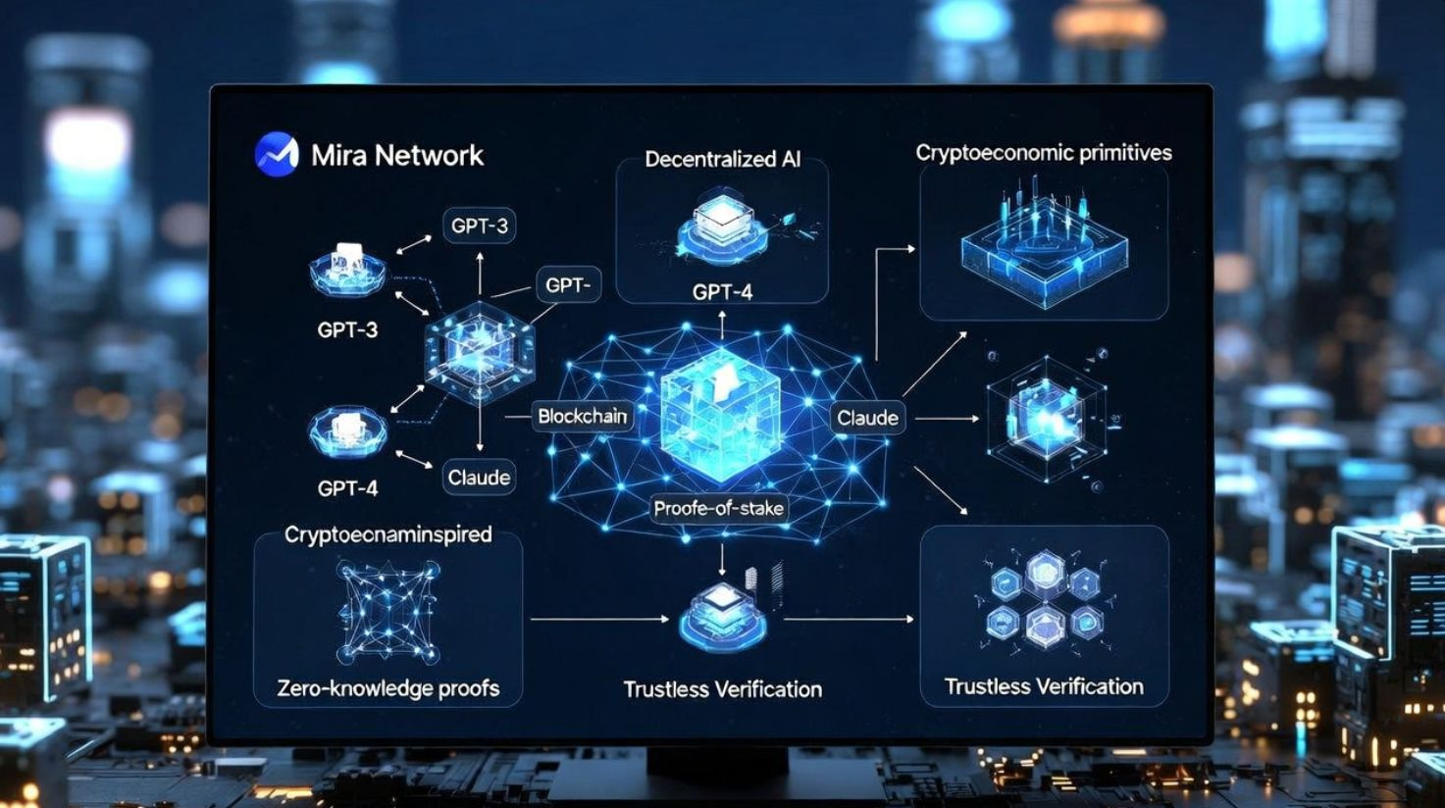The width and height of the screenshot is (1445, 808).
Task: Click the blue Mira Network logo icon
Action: [x=277, y=154]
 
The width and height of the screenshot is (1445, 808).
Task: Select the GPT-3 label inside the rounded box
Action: [x=480, y=227]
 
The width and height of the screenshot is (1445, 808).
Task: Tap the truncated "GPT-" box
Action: [x=568, y=285]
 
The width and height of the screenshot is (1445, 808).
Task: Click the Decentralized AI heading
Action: [x=722, y=159]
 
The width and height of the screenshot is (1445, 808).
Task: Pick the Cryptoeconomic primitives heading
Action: [x=1044, y=153]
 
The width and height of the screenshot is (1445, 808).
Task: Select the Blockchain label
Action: [x=582, y=416]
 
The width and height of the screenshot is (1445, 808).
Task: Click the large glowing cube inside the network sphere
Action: [x=721, y=412]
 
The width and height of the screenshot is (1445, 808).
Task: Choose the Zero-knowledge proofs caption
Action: [x=388, y=687]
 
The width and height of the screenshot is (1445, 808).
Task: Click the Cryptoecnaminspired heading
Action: [x=388, y=534]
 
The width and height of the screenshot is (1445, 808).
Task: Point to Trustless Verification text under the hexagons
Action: [x=1044, y=686]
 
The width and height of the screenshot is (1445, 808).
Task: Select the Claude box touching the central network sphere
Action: [x=867, y=418]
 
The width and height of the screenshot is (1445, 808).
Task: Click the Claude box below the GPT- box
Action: [x=479, y=478]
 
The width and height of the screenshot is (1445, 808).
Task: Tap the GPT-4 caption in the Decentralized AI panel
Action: [x=722, y=291]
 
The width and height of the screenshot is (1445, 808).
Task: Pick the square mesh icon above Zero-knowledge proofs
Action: [x=387, y=611]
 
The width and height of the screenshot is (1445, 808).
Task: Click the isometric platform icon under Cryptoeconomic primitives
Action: [x=1044, y=245]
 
